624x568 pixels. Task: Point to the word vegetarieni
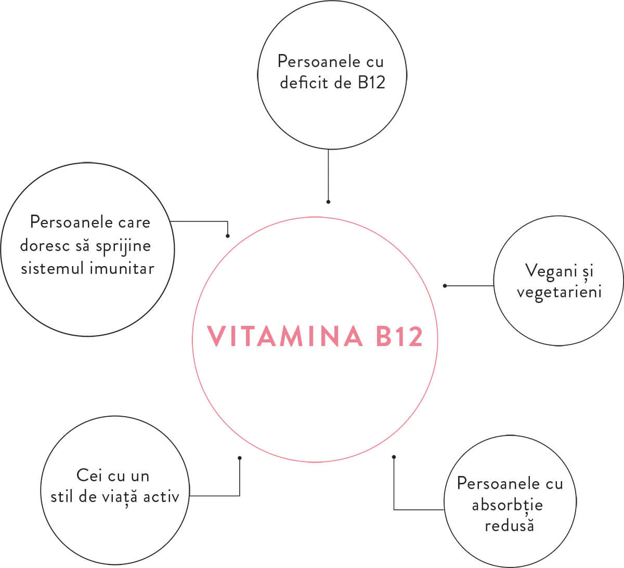559,292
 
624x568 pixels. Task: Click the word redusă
509,525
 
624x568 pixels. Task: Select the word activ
161,496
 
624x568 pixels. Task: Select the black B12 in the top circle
371,83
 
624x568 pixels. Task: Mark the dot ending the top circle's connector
328,202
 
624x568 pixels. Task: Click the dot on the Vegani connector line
445,285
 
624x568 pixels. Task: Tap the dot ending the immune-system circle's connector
228,236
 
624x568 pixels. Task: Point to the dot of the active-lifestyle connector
239,458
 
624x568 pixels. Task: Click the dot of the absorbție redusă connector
394,457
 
